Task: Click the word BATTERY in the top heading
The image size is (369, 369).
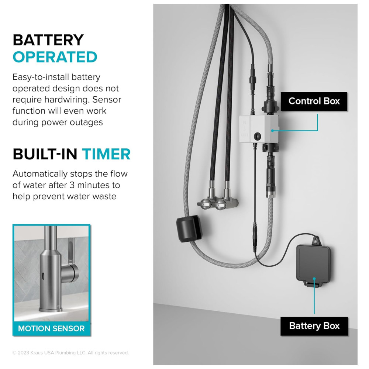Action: coord(48,40)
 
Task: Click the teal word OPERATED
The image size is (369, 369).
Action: coord(55,57)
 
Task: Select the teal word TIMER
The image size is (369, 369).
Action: coord(106,154)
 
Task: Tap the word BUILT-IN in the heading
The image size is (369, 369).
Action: coord(45,154)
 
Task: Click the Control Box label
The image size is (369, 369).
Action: coord(314,101)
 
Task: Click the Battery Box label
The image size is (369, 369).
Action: coord(314,326)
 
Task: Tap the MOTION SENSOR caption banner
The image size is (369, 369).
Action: coord(51,328)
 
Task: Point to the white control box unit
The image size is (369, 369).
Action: coord(259,129)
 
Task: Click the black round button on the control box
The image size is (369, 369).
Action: coord(258,136)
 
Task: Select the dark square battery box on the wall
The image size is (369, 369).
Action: coord(313,263)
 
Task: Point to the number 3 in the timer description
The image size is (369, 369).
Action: coord(72,185)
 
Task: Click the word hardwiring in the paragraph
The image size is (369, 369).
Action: coord(67,100)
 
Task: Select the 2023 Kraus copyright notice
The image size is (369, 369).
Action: coord(70,352)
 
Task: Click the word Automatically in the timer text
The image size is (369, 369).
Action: coord(40,174)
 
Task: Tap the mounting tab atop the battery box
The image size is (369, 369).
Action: coord(315,241)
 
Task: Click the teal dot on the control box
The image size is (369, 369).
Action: coord(272,131)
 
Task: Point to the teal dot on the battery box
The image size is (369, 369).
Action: coord(314,279)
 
